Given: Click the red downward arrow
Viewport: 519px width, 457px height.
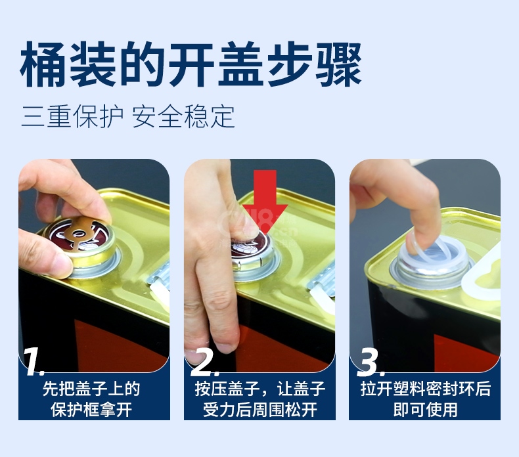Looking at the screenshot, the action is coord(265,202).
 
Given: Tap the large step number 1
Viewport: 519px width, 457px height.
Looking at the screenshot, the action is coord(34,362).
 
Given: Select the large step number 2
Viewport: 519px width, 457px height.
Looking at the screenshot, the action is coord(204,362).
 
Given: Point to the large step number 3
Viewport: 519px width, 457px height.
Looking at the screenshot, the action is coord(371,362).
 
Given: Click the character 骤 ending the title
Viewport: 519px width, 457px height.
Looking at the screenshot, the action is coord(338,64).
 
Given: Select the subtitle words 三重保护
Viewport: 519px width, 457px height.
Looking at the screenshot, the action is coord(72,116).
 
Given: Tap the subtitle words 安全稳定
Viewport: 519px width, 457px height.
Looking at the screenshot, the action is coord(184,116).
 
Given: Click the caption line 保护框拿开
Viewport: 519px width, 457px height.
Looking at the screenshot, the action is coord(92,410).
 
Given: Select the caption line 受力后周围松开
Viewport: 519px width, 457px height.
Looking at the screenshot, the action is coord(260,410).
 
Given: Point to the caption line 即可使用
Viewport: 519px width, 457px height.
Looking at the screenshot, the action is coord(425,410).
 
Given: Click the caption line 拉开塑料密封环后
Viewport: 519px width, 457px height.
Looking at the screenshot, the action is coord(425,389).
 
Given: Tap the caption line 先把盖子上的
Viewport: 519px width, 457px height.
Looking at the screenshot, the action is coord(92,389).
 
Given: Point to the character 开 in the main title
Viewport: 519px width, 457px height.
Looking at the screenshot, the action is coord(191,64).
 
